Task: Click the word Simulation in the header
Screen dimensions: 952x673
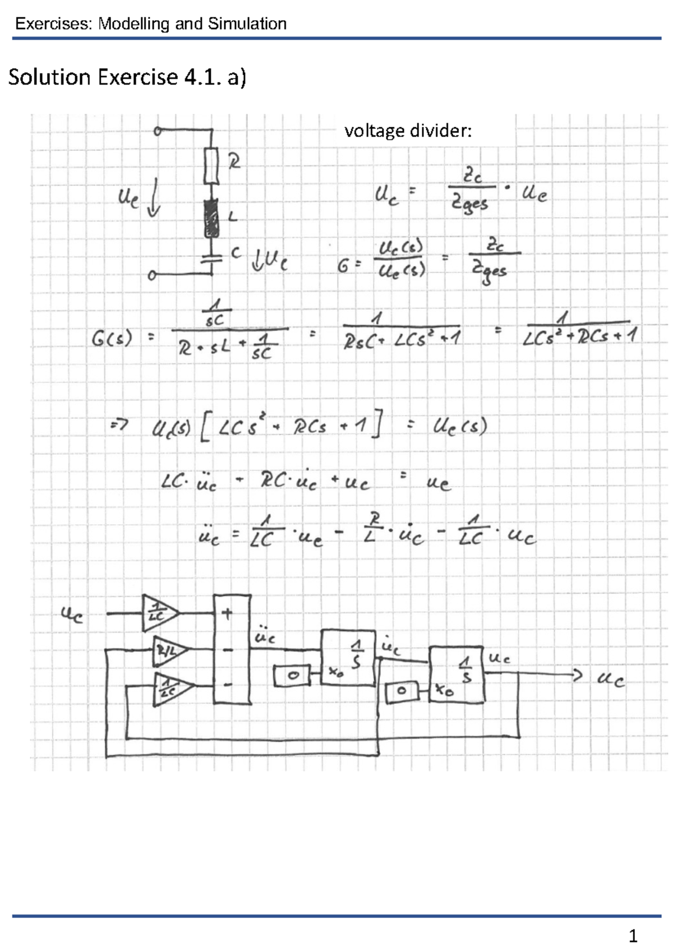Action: tap(247, 24)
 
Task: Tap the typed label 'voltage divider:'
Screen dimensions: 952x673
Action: tap(408, 131)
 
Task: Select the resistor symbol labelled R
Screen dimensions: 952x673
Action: tap(211, 166)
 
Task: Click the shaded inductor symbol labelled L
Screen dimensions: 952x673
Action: tap(211, 219)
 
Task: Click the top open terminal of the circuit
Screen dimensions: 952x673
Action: tap(158, 131)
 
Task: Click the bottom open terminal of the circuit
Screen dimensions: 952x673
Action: tap(151, 276)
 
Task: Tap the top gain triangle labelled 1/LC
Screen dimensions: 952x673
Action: tap(159, 613)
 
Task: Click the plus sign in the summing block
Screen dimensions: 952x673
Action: tap(227, 614)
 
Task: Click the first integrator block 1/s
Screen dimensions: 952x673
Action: tap(348, 657)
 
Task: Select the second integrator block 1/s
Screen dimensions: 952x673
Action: tap(457, 674)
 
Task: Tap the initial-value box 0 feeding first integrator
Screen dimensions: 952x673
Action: tap(292, 676)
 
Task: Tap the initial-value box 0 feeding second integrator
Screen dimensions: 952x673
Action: tap(401, 691)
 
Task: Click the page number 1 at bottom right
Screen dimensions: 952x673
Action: tap(633, 936)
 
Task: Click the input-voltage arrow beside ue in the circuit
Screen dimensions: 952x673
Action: tap(153, 197)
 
